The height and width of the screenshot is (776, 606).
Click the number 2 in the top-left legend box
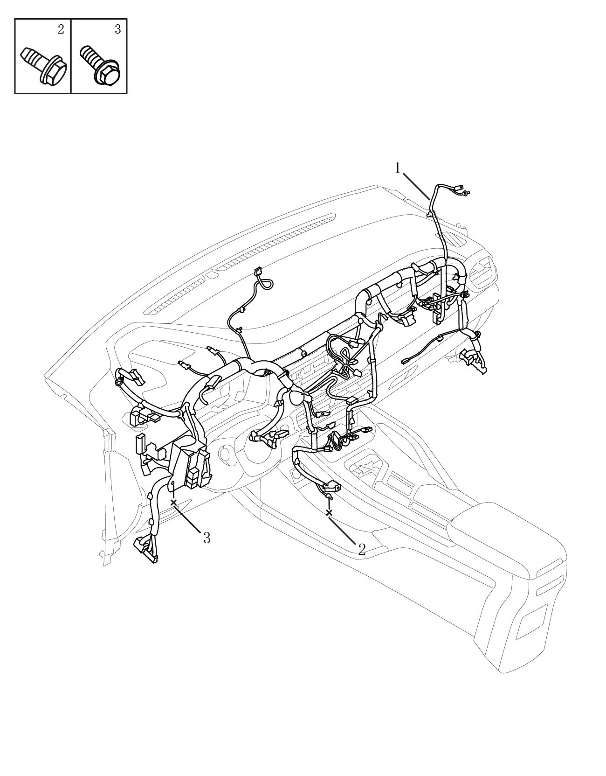(x=61, y=29)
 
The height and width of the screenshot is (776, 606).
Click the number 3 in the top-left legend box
(x=118, y=29)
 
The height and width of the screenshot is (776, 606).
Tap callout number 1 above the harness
(x=398, y=168)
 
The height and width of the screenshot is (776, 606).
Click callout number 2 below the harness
(x=362, y=549)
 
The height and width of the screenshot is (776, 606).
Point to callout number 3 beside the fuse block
(x=207, y=538)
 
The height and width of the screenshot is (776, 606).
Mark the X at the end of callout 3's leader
(x=174, y=503)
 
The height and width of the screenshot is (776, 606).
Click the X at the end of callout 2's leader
(x=329, y=513)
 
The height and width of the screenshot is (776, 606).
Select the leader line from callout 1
(x=416, y=186)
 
